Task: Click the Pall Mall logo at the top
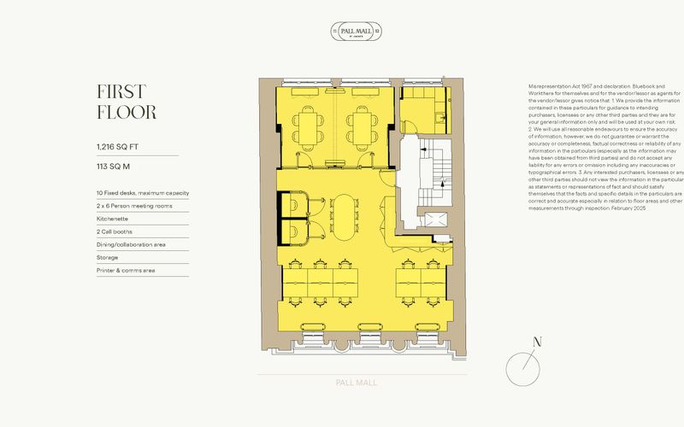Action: pos(355,32)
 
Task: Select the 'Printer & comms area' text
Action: pos(126,270)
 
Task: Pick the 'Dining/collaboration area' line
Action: pos(131,244)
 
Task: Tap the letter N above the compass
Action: pos(537,342)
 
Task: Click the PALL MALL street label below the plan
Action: pos(355,383)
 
